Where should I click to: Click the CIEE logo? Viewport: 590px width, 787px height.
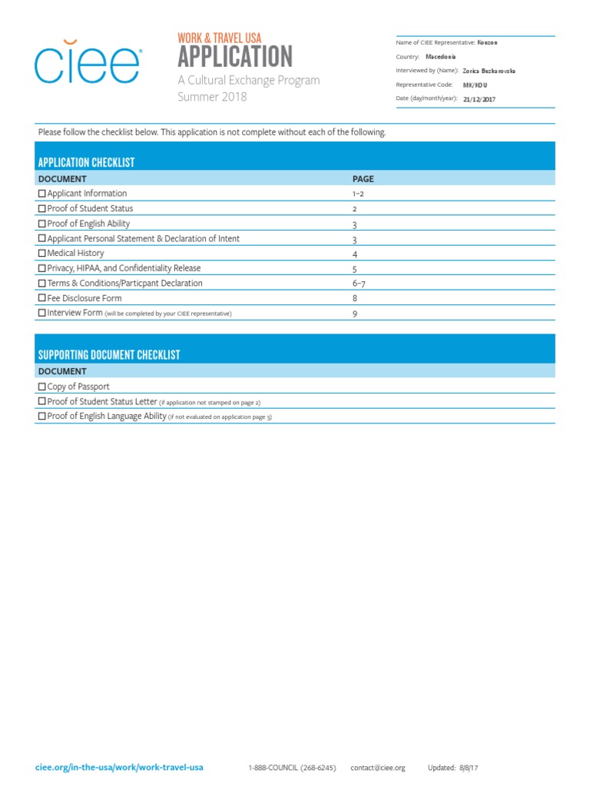tap(86, 65)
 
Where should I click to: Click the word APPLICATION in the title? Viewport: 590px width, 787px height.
tap(235, 57)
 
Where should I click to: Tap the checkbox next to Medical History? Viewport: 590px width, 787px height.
tap(42, 254)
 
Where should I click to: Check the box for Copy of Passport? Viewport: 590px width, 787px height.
tap(42, 387)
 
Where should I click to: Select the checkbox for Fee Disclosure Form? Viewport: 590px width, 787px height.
tap(42, 299)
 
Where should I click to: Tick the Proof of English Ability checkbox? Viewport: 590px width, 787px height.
tap(42, 224)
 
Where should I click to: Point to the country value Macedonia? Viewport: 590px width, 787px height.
tap(441, 57)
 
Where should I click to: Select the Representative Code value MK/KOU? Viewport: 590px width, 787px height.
tap(474, 85)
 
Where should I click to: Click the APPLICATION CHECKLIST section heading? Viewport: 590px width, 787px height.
tap(87, 163)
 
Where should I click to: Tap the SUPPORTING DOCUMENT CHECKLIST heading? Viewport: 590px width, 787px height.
tap(109, 355)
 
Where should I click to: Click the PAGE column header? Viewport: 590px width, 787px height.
tap(363, 179)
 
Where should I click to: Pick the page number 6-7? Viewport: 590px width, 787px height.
tap(358, 284)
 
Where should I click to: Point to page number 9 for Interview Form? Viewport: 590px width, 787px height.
tap(355, 314)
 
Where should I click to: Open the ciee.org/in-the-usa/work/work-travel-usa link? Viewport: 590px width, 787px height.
tap(120, 768)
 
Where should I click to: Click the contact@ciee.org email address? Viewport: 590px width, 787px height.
tap(377, 768)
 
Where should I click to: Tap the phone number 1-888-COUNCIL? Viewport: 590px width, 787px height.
tap(292, 768)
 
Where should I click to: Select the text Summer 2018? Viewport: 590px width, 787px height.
tap(213, 97)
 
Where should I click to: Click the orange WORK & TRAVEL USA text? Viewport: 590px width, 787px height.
tap(220, 38)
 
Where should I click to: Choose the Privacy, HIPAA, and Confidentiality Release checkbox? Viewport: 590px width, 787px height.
tap(42, 269)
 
